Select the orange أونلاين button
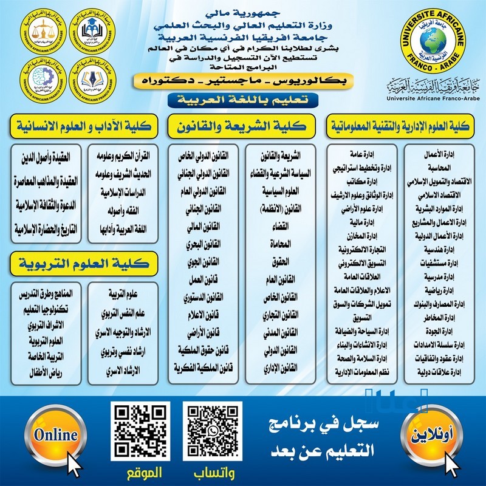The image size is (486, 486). (x=426, y=436)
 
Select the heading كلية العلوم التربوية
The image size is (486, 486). (x=84, y=264)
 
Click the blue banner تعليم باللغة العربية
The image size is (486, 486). (x=243, y=98)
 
